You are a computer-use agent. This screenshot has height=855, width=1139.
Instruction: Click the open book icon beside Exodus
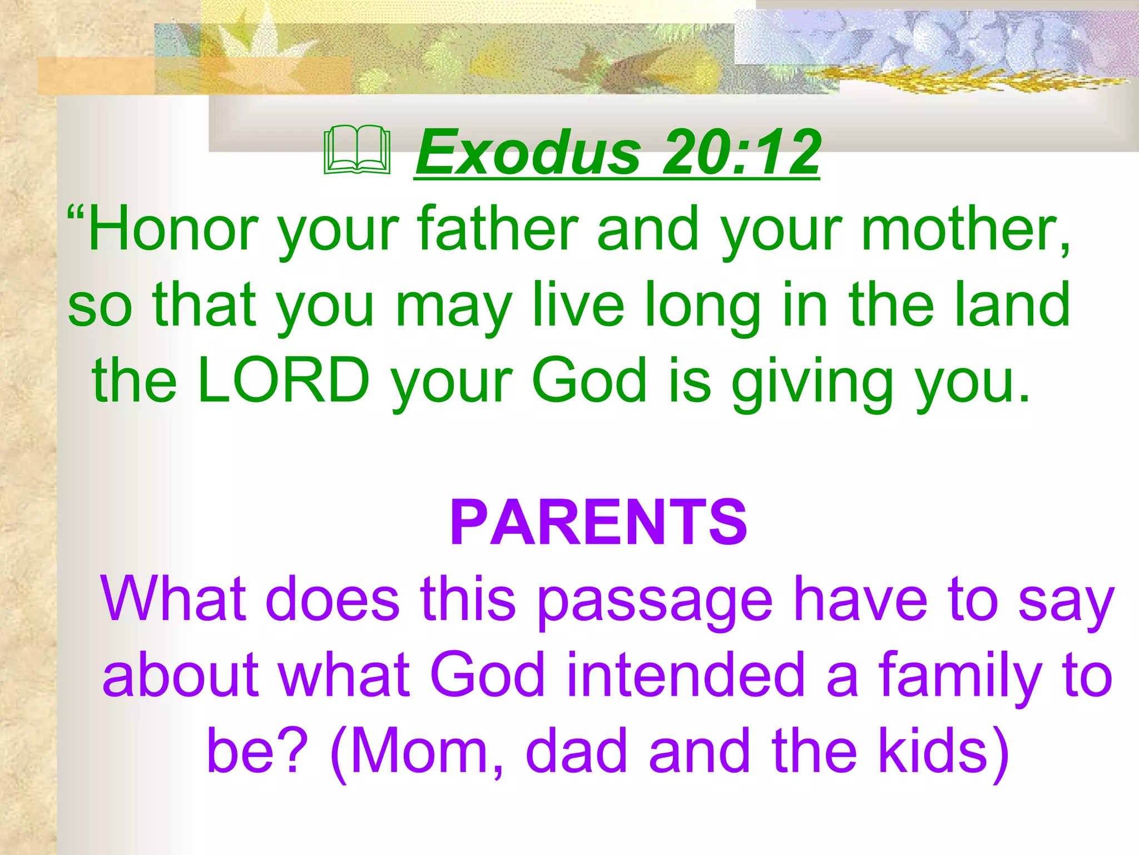[357, 151]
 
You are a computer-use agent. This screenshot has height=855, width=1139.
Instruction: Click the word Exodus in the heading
[528, 152]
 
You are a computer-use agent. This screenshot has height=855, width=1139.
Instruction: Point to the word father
[498, 229]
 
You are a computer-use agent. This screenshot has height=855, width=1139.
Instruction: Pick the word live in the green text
[578, 304]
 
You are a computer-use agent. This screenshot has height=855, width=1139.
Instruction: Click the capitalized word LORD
[284, 381]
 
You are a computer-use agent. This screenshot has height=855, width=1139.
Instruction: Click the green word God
[590, 381]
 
